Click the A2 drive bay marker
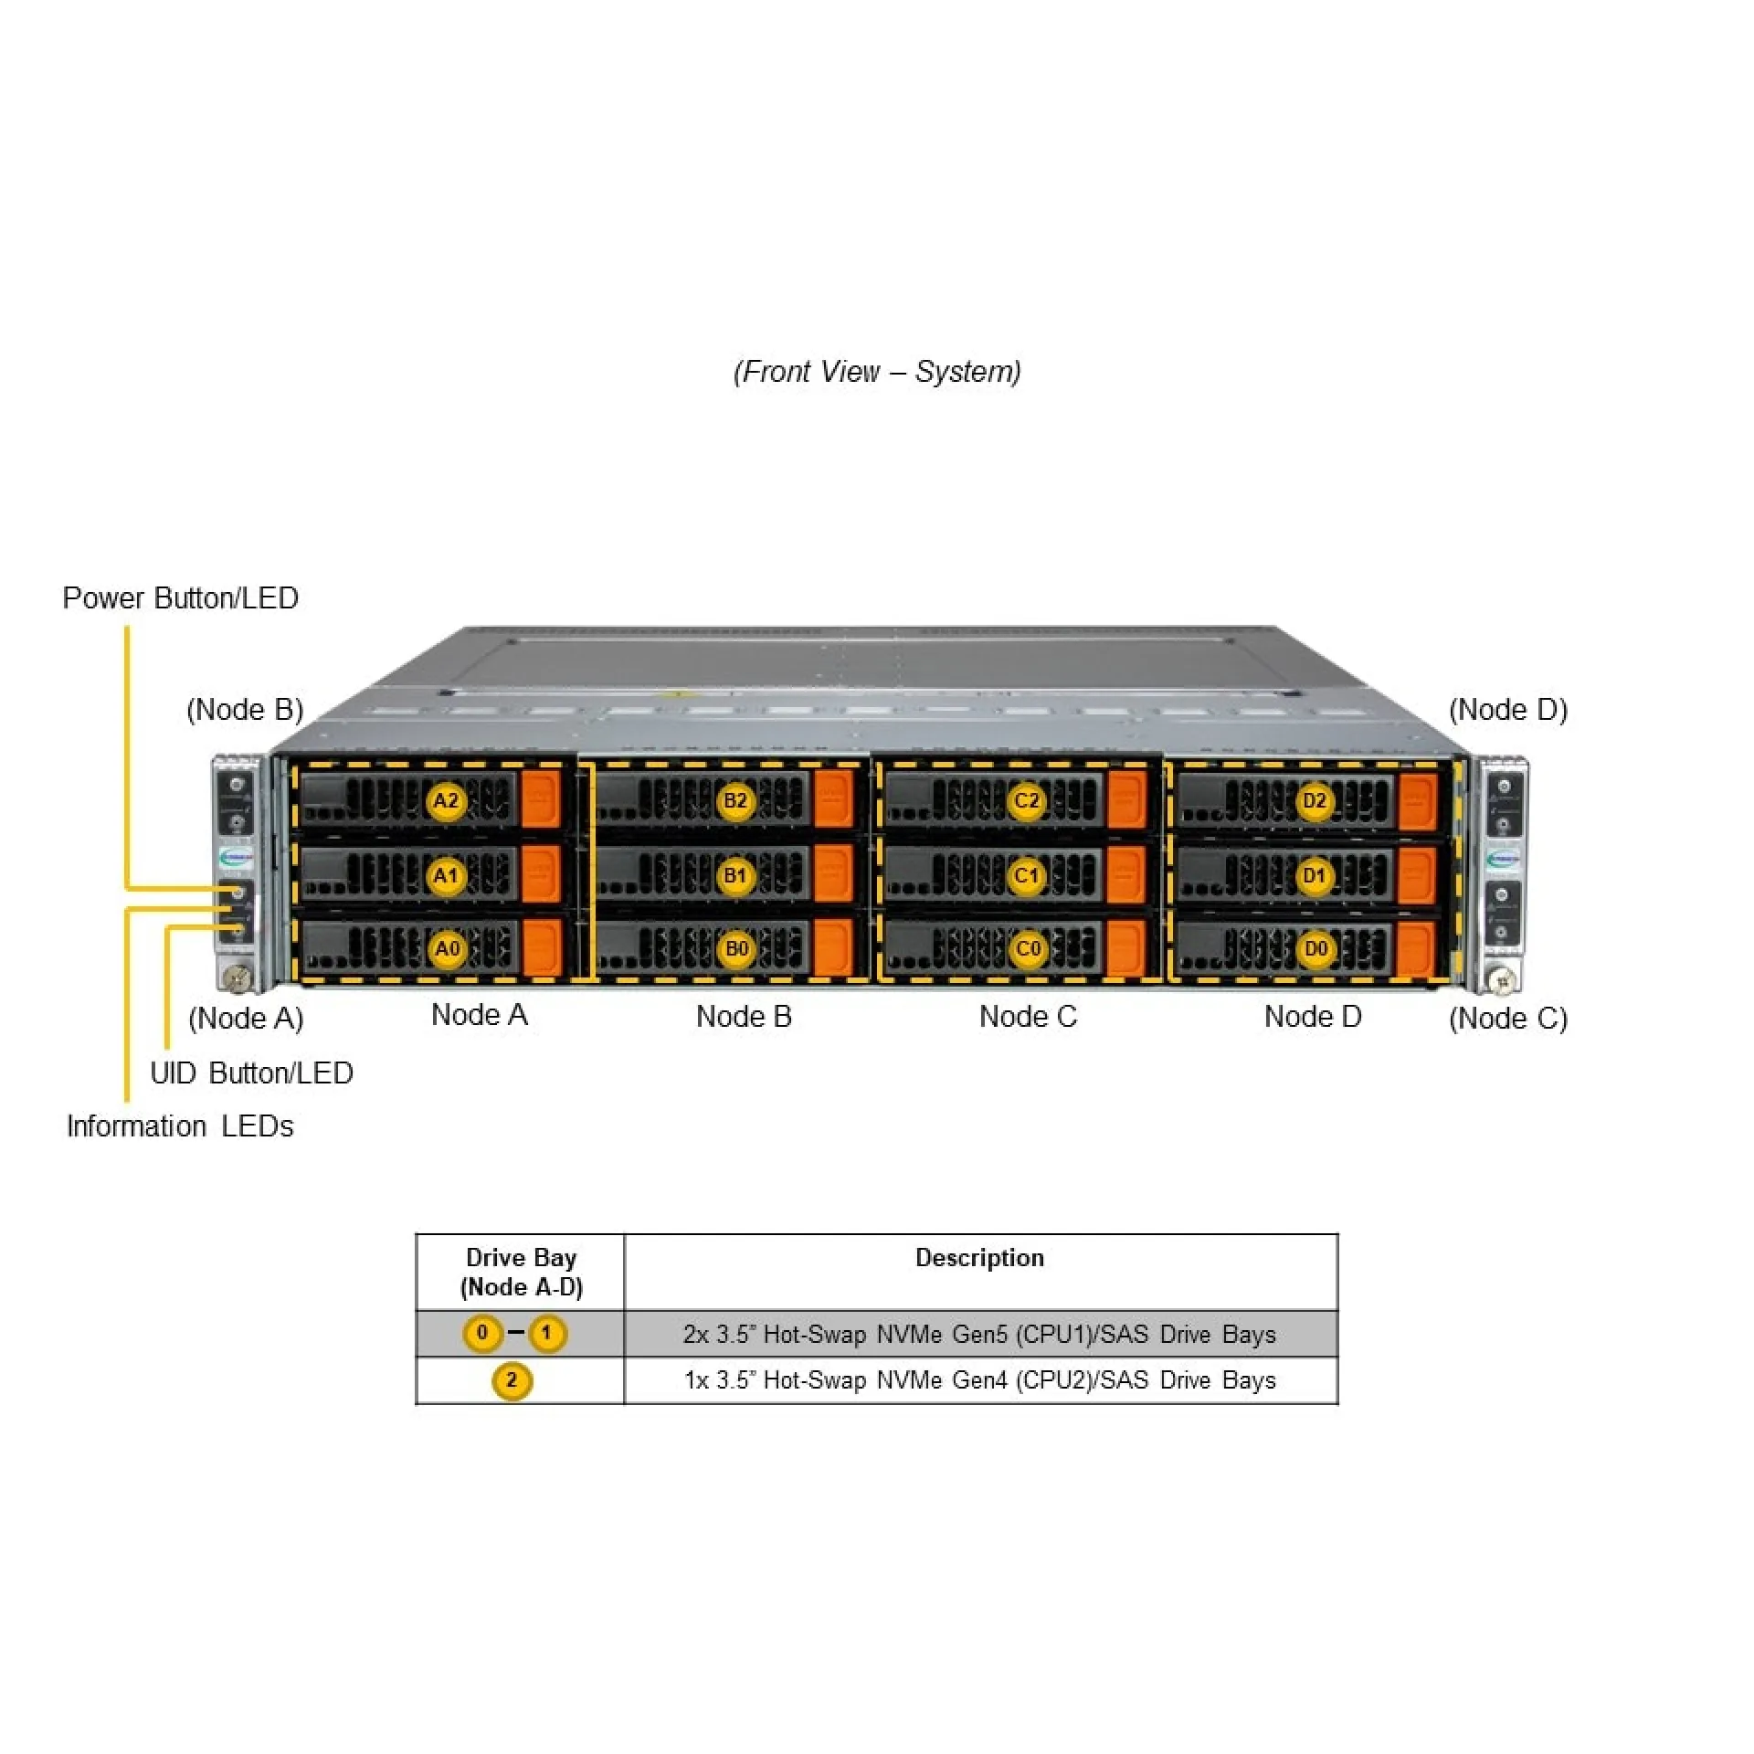pyautogui.click(x=446, y=801)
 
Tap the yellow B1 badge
pyautogui.click(x=735, y=876)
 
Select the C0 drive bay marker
pyautogui.click(x=1028, y=949)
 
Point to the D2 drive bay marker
pyautogui.click(x=1315, y=801)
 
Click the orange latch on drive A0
pyautogui.click(x=542, y=947)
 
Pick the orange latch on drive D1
pyautogui.click(x=1417, y=875)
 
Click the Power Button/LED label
pyautogui.click(x=180, y=598)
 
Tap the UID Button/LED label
pyautogui.click(x=251, y=1072)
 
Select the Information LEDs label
pyautogui.click(x=180, y=1125)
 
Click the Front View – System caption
pyautogui.click(x=877, y=372)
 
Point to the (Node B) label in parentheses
pyautogui.click(x=245, y=710)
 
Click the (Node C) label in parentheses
pyautogui.click(x=1508, y=1018)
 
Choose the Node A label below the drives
pyautogui.click(x=480, y=1015)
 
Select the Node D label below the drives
pyautogui.click(x=1313, y=1016)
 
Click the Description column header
pyautogui.click(x=979, y=1258)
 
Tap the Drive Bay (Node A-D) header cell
pyautogui.click(x=521, y=1272)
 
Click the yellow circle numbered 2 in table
pyautogui.click(x=512, y=1379)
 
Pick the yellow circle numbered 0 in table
pyautogui.click(x=482, y=1333)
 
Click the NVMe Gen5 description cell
pyautogui.click(x=979, y=1334)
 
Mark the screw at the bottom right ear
pyautogui.click(x=1502, y=981)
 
